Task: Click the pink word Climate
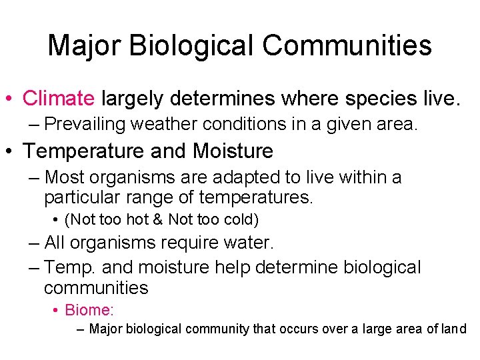click(59, 99)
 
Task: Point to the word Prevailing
click(86, 124)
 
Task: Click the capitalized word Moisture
click(233, 151)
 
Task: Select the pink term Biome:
click(89, 311)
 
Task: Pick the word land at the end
click(453, 329)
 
